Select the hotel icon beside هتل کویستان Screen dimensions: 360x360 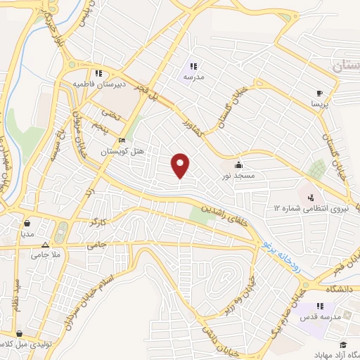click(122, 140)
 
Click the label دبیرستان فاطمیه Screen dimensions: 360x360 click(94, 84)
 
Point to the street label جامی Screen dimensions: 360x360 click(96, 243)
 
